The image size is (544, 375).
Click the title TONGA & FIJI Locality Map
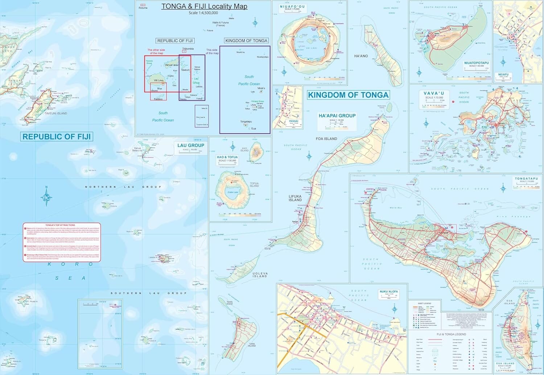click(204, 7)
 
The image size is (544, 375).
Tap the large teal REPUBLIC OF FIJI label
click(57, 137)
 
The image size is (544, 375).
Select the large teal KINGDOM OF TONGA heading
click(348, 95)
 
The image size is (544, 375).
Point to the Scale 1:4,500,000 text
click(203, 13)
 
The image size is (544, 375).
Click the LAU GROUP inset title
click(190, 145)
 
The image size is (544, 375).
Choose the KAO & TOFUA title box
click(227, 157)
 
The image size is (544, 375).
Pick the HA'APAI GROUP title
click(337, 116)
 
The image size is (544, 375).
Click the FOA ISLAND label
click(326, 139)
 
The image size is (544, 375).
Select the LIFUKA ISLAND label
click(295, 198)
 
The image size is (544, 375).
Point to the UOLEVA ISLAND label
click(260, 275)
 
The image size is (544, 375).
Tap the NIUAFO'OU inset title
click(292, 7)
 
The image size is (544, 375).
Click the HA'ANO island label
click(361, 56)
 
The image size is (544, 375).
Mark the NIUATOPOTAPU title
click(476, 63)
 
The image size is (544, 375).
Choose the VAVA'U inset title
click(434, 93)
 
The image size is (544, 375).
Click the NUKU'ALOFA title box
click(389, 291)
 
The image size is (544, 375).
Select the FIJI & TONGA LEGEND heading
click(451, 334)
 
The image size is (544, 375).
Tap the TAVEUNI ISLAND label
click(55, 113)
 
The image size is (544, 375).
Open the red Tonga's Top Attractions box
click(62, 242)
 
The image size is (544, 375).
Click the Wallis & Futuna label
click(221, 24)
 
